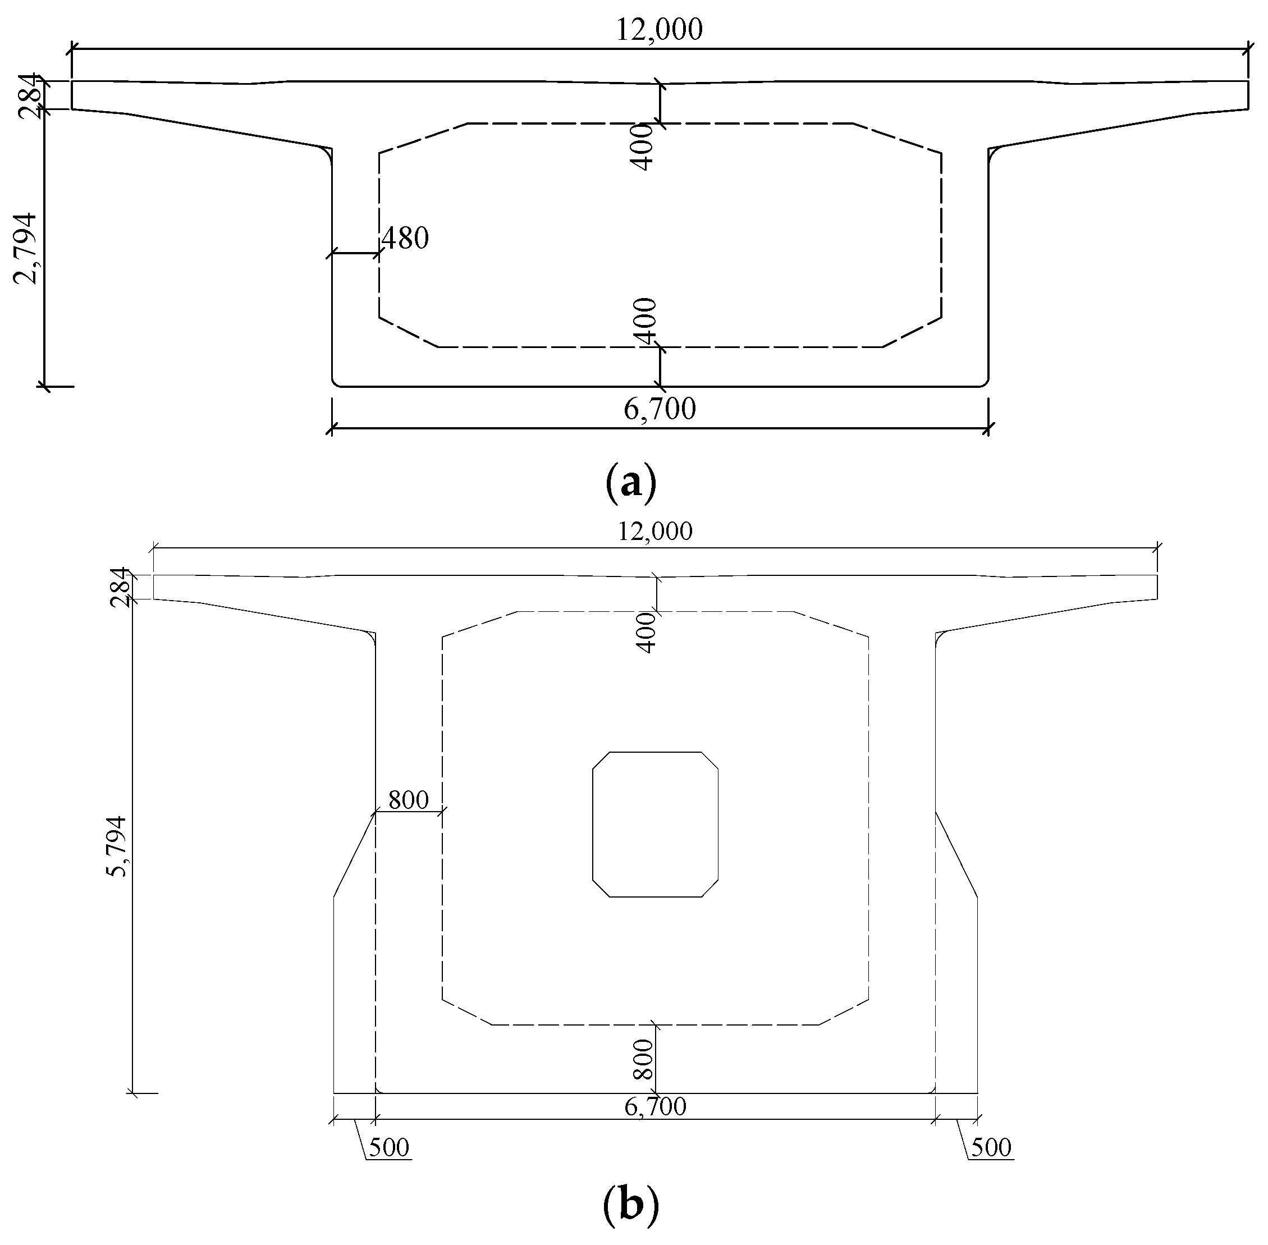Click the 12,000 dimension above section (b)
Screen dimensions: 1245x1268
654,531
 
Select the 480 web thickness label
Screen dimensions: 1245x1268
405,239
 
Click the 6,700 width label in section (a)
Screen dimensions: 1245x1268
659,409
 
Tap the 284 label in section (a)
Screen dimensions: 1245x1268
29,96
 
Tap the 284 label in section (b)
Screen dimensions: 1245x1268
120,587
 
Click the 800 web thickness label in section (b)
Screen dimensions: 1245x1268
408,800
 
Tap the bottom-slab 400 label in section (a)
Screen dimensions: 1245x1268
645,321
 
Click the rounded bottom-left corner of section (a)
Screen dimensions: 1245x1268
336,382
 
